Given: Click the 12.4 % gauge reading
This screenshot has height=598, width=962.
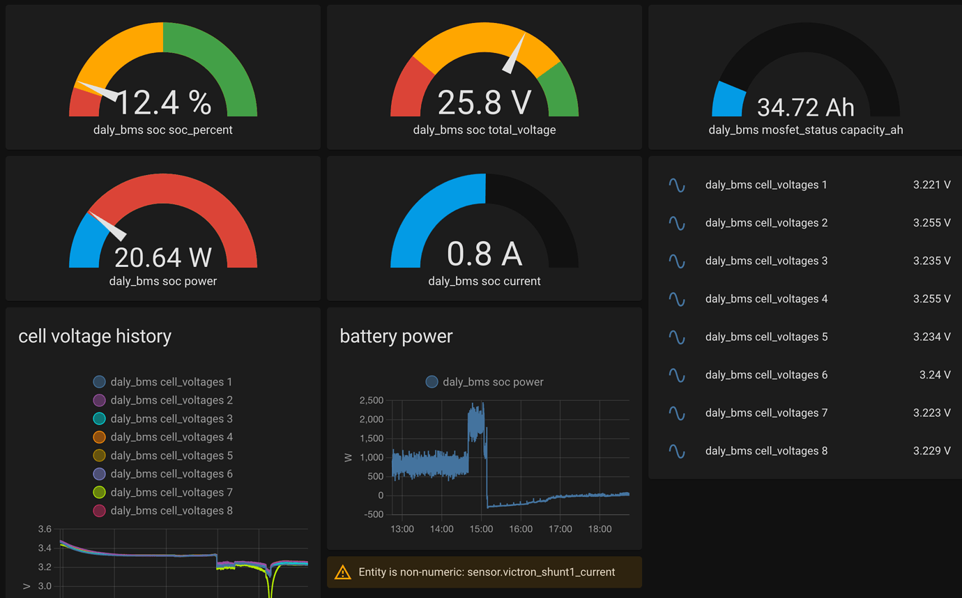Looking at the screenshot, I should click(163, 103).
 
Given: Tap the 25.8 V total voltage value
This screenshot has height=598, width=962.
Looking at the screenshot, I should click(484, 103).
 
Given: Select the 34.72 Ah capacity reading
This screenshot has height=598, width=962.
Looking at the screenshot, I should click(805, 107).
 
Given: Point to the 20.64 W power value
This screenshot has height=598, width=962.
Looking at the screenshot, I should click(163, 257).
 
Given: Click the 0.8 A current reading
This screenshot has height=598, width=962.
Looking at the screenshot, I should click(484, 254).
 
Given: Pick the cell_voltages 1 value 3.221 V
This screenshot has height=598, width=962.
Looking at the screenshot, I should click(931, 185).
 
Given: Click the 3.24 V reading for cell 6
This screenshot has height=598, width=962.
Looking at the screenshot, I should click(935, 375).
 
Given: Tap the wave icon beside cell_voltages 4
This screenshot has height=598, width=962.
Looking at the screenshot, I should click(676, 299).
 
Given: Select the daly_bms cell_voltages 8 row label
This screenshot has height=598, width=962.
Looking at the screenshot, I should click(766, 451).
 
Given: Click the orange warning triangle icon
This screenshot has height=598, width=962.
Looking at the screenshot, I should click(343, 572).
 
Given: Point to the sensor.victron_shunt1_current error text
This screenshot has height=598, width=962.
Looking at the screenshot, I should click(487, 572).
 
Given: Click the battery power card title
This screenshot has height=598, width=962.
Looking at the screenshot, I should click(396, 336).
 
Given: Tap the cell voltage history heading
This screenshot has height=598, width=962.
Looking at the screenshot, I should click(95, 336).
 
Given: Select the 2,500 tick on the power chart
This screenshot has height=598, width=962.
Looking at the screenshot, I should click(371, 400).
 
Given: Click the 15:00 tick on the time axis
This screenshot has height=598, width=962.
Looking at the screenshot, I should click(481, 529).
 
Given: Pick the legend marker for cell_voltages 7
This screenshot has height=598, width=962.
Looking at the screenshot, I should click(99, 493).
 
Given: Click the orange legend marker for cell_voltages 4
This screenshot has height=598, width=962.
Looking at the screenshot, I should click(99, 437).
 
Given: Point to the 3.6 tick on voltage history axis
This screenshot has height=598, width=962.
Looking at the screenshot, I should click(45, 529).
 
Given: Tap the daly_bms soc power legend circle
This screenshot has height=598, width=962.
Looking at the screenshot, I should click(432, 382).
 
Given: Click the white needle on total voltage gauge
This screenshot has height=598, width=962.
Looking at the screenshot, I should click(515, 55).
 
